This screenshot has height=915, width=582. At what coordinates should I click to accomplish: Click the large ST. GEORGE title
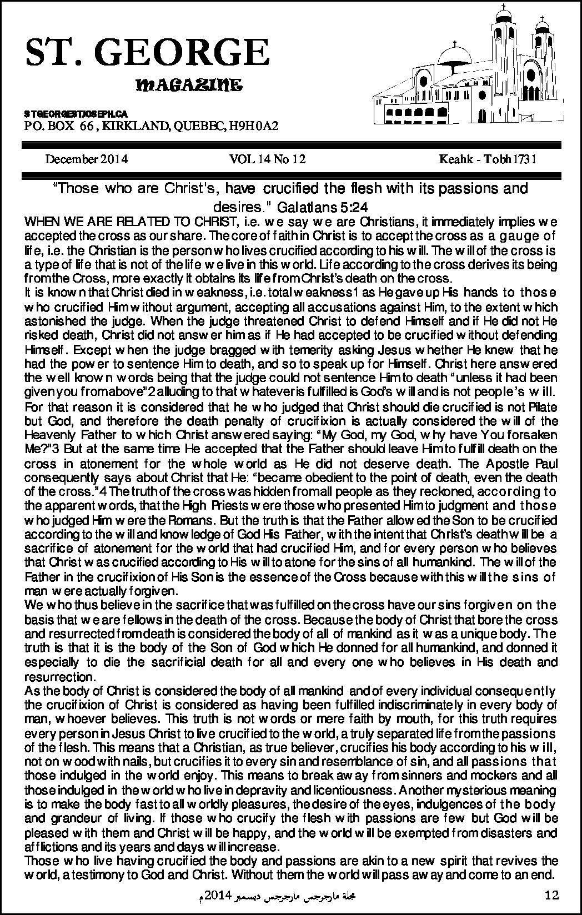tap(147, 54)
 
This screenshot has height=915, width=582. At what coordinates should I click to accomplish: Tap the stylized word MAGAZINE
tap(188, 86)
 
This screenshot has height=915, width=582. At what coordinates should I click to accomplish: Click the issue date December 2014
tap(87, 160)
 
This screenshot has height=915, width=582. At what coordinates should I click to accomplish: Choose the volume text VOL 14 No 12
tap(268, 160)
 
